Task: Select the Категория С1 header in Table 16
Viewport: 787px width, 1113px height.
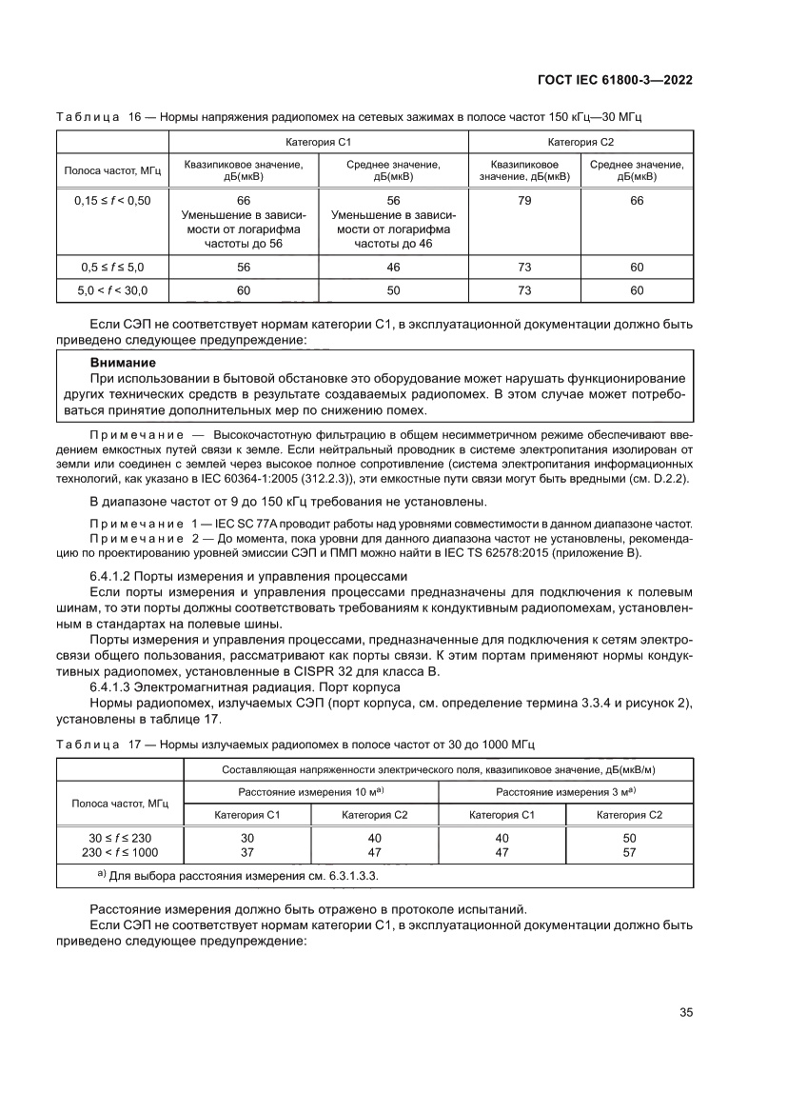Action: [319, 142]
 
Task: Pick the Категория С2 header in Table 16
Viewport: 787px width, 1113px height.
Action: [580, 142]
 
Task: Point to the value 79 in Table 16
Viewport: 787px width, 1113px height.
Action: [523, 201]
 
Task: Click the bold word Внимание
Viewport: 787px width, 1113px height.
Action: [123, 363]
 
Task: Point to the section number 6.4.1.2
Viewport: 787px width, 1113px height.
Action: [117, 575]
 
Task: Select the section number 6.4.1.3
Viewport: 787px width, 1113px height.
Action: [117, 686]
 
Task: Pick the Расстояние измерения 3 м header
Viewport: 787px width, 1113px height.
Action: [565, 792]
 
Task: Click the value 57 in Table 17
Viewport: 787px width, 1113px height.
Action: [629, 851]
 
